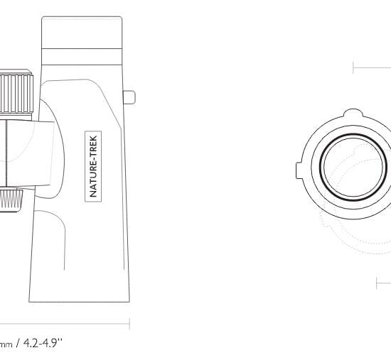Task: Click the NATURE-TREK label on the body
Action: click(93, 166)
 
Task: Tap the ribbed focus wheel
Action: click(16, 94)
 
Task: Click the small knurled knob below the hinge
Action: click(11, 200)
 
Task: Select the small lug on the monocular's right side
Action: click(129, 97)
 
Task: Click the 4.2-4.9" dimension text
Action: click(42, 343)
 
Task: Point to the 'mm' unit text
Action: click(6, 345)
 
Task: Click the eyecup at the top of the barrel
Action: click(82, 33)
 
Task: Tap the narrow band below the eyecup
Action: click(82, 57)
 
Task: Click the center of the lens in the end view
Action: click(353, 168)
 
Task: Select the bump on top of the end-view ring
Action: click(353, 112)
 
